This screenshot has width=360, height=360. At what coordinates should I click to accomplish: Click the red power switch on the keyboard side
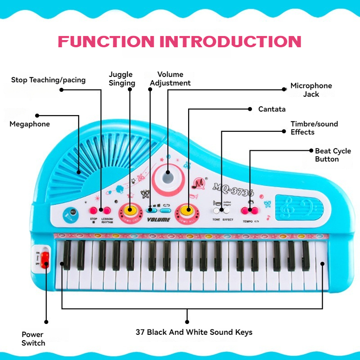pyautogui.click(x=45, y=260)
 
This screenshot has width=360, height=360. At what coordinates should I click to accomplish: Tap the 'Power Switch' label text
pyautogui.click(x=33, y=339)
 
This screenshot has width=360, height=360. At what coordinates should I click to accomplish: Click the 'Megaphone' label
pyautogui.click(x=30, y=124)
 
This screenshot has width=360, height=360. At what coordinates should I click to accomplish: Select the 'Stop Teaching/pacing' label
pyautogui.click(x=48, y=80)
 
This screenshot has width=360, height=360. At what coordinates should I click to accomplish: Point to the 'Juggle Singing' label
pyautogui.click(x=122, y=78)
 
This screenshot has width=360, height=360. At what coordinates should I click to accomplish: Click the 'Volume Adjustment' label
pyautogui.click(x=170, y=78)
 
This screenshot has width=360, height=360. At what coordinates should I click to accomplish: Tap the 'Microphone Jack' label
pyautogui.click(x=311, y=90)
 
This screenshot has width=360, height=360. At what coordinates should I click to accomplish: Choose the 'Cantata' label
pyautogui.click(x=272, y=109)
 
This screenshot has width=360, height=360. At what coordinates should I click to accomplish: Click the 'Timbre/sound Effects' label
pyautogui.click(x=314, y=128)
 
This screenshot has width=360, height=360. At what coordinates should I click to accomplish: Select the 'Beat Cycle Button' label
pyautogui.click(x=333, y=155)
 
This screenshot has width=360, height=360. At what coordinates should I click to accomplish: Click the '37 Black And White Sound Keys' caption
pyautogui.click(x=194, y=332)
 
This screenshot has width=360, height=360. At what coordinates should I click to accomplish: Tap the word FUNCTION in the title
pyautogui.click(x=107, y=41)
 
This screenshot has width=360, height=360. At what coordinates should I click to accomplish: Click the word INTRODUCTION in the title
pyautogui.click(x=231, y=41)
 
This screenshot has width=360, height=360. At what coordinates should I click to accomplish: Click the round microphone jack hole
pyautogui.click(x=168, y=172)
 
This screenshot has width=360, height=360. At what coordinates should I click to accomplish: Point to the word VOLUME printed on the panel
pyautogui.click(x=159, y=220)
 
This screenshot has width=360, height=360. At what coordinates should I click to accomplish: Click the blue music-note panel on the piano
pyautogui.click(x=299, y=208)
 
